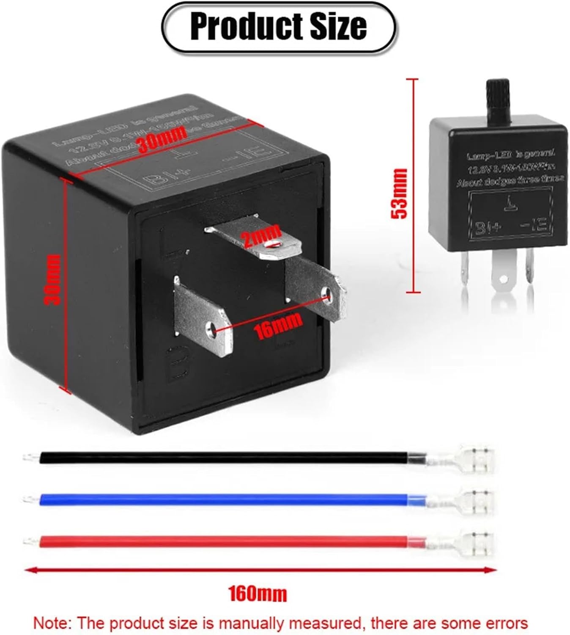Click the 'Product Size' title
coord(278,27)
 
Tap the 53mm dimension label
coord(400,193)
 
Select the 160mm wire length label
coord(258,594)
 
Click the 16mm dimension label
coord(278,326)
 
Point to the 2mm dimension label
coord(262,235)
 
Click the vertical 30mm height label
coord(54,279)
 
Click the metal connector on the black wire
coord(465,459)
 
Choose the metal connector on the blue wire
coord(465,501)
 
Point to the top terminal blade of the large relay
coord(258,239)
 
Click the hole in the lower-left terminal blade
coord(211,328)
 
